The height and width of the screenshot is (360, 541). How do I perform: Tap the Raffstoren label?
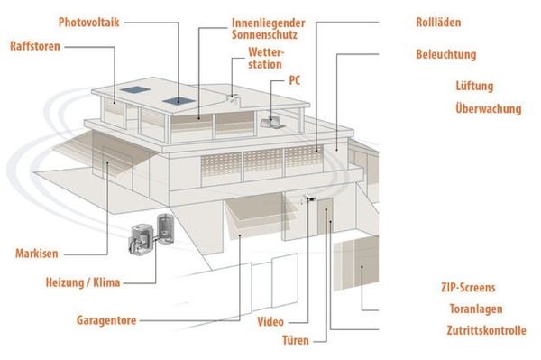(x=35, y=45)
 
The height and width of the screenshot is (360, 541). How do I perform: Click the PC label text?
(x=295, y=80)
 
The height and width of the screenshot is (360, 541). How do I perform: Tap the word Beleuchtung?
(x=445, y=54)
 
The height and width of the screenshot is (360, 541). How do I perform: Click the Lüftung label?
(x=474, y=87)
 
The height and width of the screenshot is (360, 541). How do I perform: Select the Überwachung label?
(x=488, y=109)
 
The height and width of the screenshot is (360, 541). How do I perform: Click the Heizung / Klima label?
(x=82, y=283)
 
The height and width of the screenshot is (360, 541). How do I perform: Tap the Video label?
(x=271, y=321)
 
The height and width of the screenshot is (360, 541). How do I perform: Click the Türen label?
(x=296, y=341)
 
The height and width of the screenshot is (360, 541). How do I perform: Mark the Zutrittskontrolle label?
(x=485, y=330)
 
